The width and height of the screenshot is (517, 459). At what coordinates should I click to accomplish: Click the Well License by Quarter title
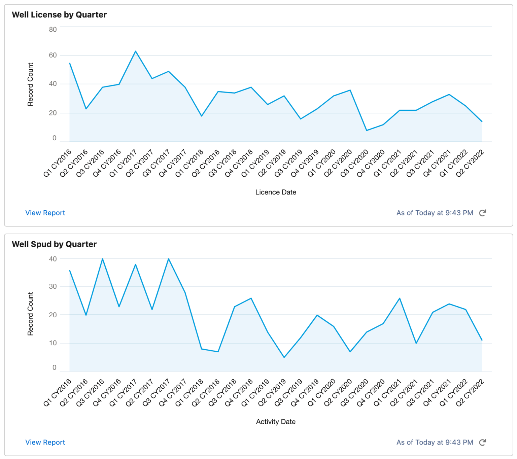59,15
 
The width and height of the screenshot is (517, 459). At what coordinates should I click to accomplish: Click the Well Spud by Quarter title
54,244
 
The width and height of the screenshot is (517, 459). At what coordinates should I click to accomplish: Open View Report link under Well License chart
45,213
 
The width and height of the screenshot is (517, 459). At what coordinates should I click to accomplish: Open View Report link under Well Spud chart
45,443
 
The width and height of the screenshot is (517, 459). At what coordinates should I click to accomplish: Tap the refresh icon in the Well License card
483,213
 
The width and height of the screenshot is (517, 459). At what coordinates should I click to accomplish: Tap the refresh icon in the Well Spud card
483,443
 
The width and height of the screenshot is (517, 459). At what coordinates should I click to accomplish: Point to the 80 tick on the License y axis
53,30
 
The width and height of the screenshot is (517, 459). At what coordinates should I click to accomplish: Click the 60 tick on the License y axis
53,55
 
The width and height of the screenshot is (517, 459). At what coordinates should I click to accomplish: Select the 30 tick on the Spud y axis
53,287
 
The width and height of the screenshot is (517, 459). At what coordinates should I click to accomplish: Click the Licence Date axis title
276,192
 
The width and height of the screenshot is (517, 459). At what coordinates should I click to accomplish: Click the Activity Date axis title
276,422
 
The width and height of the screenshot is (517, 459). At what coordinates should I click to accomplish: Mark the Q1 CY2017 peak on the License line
136,51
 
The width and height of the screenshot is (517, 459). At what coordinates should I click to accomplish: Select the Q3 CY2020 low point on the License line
367,131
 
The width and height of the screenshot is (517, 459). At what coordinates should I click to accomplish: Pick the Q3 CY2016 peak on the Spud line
103,259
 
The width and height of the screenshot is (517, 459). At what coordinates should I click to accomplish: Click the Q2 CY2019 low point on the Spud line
284,357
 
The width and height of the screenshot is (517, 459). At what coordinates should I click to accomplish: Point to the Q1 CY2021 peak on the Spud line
400,298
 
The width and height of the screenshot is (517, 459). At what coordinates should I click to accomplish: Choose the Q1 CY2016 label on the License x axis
58,163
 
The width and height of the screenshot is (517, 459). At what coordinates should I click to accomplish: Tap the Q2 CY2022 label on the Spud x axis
470,392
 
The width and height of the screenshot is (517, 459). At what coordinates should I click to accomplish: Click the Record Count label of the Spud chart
30,314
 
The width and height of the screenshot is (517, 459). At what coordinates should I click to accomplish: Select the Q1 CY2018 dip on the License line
202,116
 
